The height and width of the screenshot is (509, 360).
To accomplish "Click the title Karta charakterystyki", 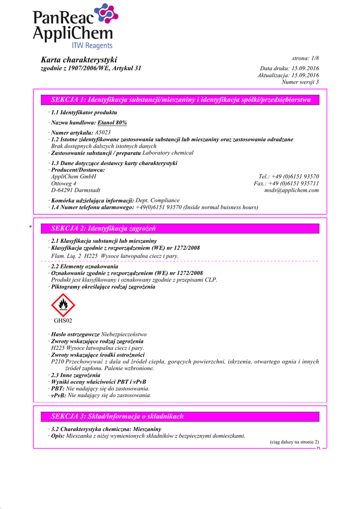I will coord(79,60).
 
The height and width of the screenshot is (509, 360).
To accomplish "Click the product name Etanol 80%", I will coord(112,123).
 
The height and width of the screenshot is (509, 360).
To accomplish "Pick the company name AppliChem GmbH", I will coord(74,176).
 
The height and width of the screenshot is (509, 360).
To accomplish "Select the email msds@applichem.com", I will coord(291,190).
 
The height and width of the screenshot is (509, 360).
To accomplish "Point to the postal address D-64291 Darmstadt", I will coord(76,190).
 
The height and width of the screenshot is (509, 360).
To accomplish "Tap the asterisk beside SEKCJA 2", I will coord(31,228).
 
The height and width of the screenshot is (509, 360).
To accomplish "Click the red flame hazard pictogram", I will coord(63,305).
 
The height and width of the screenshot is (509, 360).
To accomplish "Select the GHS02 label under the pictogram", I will coord(63,321).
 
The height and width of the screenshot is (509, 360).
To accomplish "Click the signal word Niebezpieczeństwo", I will coord(124,335).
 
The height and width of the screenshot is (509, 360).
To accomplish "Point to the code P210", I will coord(58,362).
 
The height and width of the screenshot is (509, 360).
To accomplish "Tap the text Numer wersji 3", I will coord(300,82).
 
